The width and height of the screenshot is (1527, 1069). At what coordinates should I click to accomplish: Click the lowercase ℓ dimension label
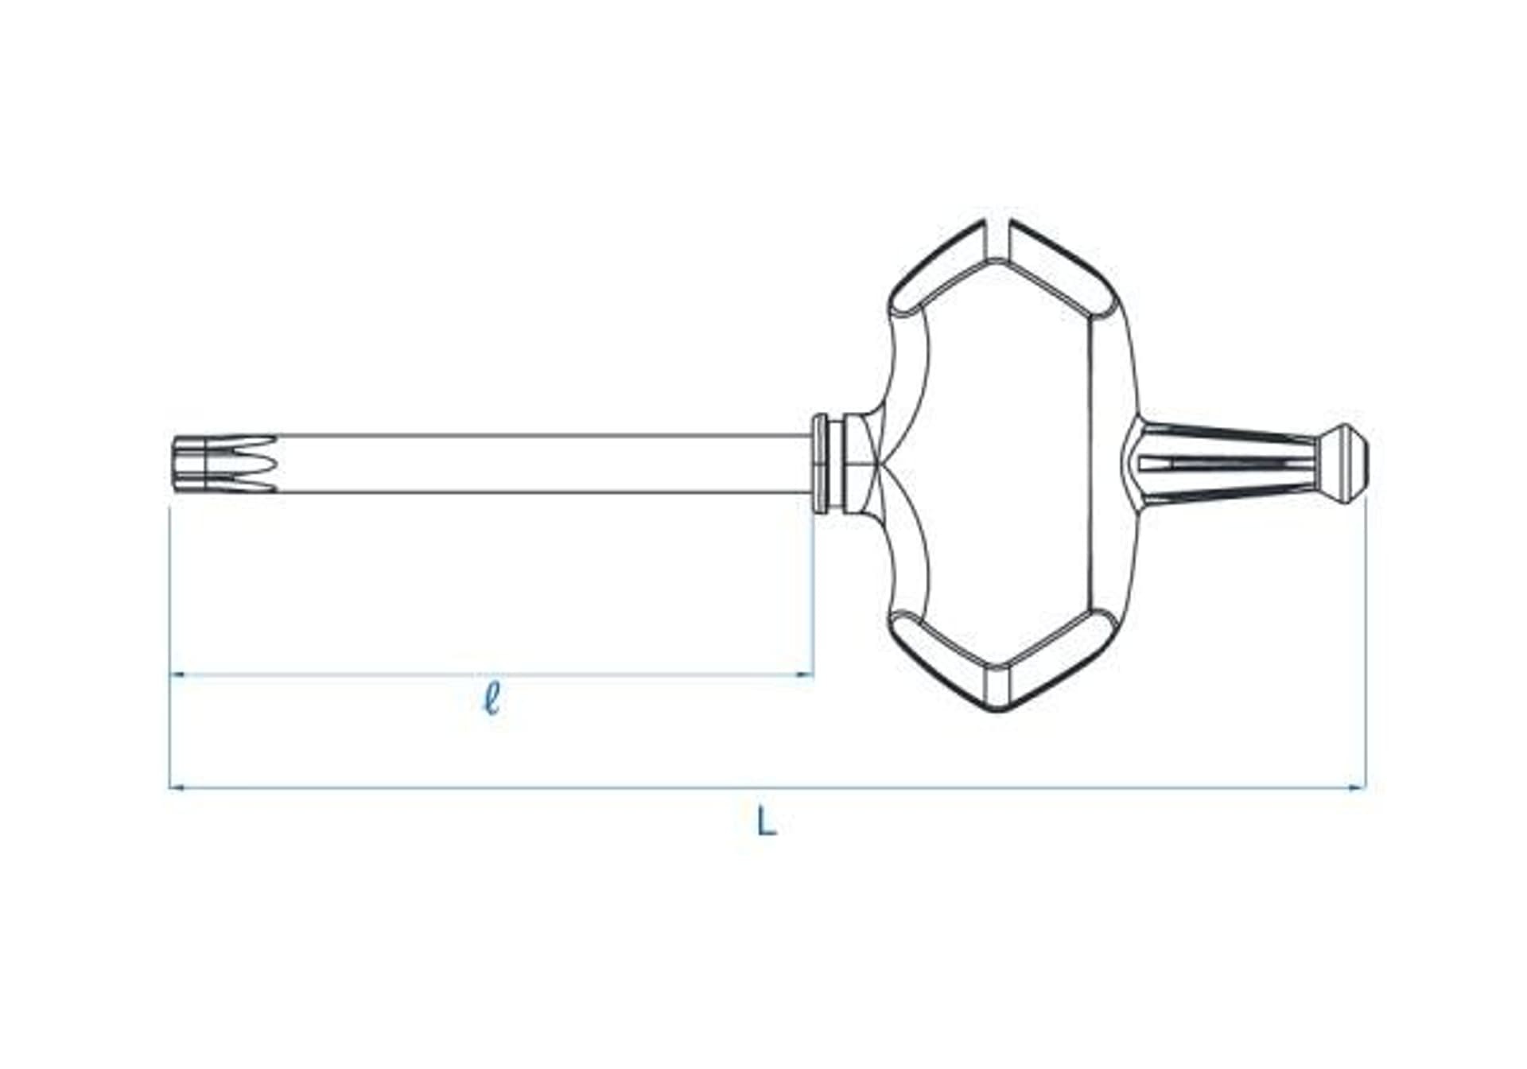click(x=492, y=699)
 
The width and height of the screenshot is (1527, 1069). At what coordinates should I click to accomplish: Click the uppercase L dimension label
click(x=765, y=822)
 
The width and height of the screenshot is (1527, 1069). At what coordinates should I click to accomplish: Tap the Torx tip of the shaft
click(x=223, y=464)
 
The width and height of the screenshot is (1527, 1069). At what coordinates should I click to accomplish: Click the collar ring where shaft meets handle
click(x=821, y=464)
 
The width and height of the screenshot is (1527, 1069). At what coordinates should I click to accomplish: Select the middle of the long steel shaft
click(x=541, y=464)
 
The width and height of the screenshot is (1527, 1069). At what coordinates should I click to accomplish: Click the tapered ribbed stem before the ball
click(x=1225, y=464)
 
